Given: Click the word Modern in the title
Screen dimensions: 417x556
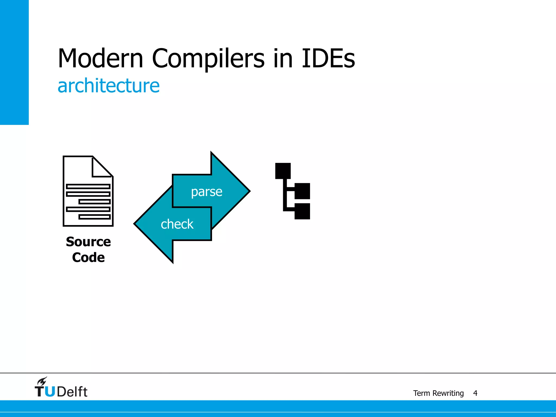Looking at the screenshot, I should coord(100,58).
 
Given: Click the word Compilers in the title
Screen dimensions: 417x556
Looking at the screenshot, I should coord(208,58).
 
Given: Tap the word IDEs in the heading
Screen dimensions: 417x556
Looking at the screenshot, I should coord(328,58).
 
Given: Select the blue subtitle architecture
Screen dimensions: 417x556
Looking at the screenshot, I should coord(109,86).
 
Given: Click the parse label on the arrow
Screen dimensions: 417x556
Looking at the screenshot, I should coord(207,192).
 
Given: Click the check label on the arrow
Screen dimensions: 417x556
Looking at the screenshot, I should coord(177,224).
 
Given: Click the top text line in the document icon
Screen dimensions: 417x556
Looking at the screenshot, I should coord(88,186).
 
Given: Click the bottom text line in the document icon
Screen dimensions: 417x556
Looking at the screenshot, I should coord(94,217).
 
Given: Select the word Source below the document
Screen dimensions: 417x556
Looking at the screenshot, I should coord(88,242).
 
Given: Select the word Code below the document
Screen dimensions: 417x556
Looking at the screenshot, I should coord(88,257).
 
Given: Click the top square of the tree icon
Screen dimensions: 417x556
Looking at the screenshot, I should coord(283,171).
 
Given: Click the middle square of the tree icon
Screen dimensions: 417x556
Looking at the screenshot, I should coord(302,191).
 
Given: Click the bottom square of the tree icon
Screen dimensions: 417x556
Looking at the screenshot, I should coord(302,211).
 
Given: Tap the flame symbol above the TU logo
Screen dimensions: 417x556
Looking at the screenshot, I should coord(42,381).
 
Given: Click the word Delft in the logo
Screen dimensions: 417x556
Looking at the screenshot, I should coord(72,392).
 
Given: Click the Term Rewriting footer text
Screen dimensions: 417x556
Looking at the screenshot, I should coord(438,393).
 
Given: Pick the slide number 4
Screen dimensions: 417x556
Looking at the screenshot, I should coord(475,393).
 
